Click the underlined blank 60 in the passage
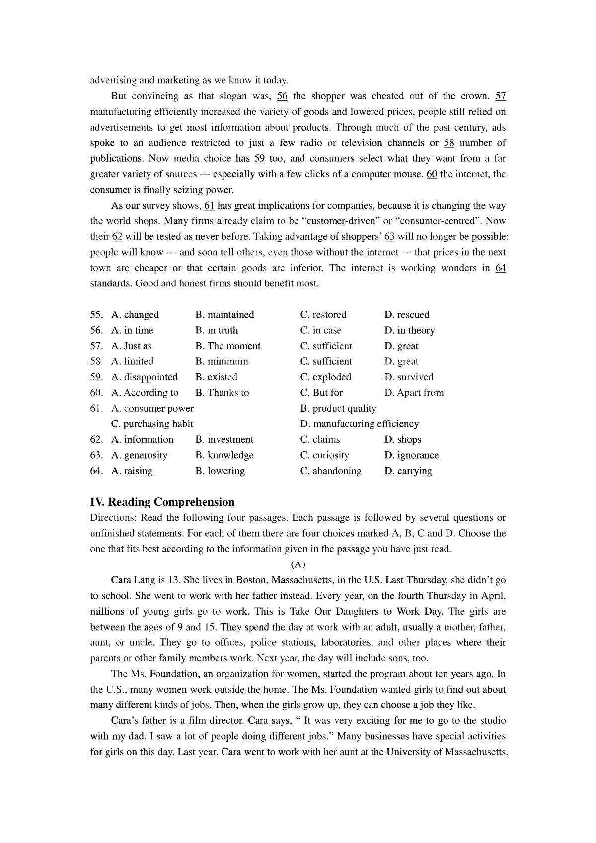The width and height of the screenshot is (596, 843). pos(432,174)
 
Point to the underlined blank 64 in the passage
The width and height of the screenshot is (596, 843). pos(501,268)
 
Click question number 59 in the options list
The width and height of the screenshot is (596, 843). pos(96,377)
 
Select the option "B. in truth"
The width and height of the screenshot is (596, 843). pos(217,330)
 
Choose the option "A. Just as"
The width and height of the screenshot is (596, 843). pos(132,346)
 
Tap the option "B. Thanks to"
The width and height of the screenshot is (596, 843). pos(222,393)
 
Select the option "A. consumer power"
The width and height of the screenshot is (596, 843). pos(152,409)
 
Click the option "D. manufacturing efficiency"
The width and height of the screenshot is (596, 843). pos(360,424)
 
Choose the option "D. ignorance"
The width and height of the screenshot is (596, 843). pos(411,455)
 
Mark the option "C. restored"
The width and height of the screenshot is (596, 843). pos(323,315)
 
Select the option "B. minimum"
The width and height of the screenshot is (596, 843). pos(222,361)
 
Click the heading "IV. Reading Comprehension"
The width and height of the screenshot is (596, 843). pos(162,502)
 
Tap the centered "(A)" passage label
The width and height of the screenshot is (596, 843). pos(298,564)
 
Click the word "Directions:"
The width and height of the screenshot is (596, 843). pos(113,518)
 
